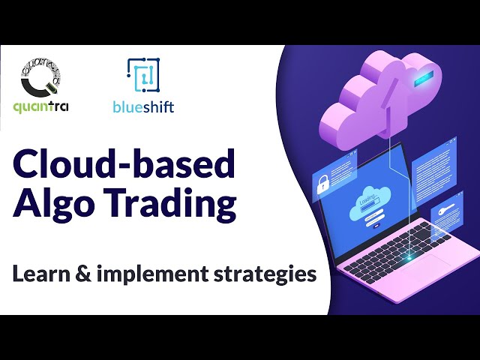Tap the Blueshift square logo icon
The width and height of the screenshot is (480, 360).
click(143, 76)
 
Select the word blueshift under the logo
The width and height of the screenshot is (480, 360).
click(144, 106)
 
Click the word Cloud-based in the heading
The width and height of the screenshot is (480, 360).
click(124, 164)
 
